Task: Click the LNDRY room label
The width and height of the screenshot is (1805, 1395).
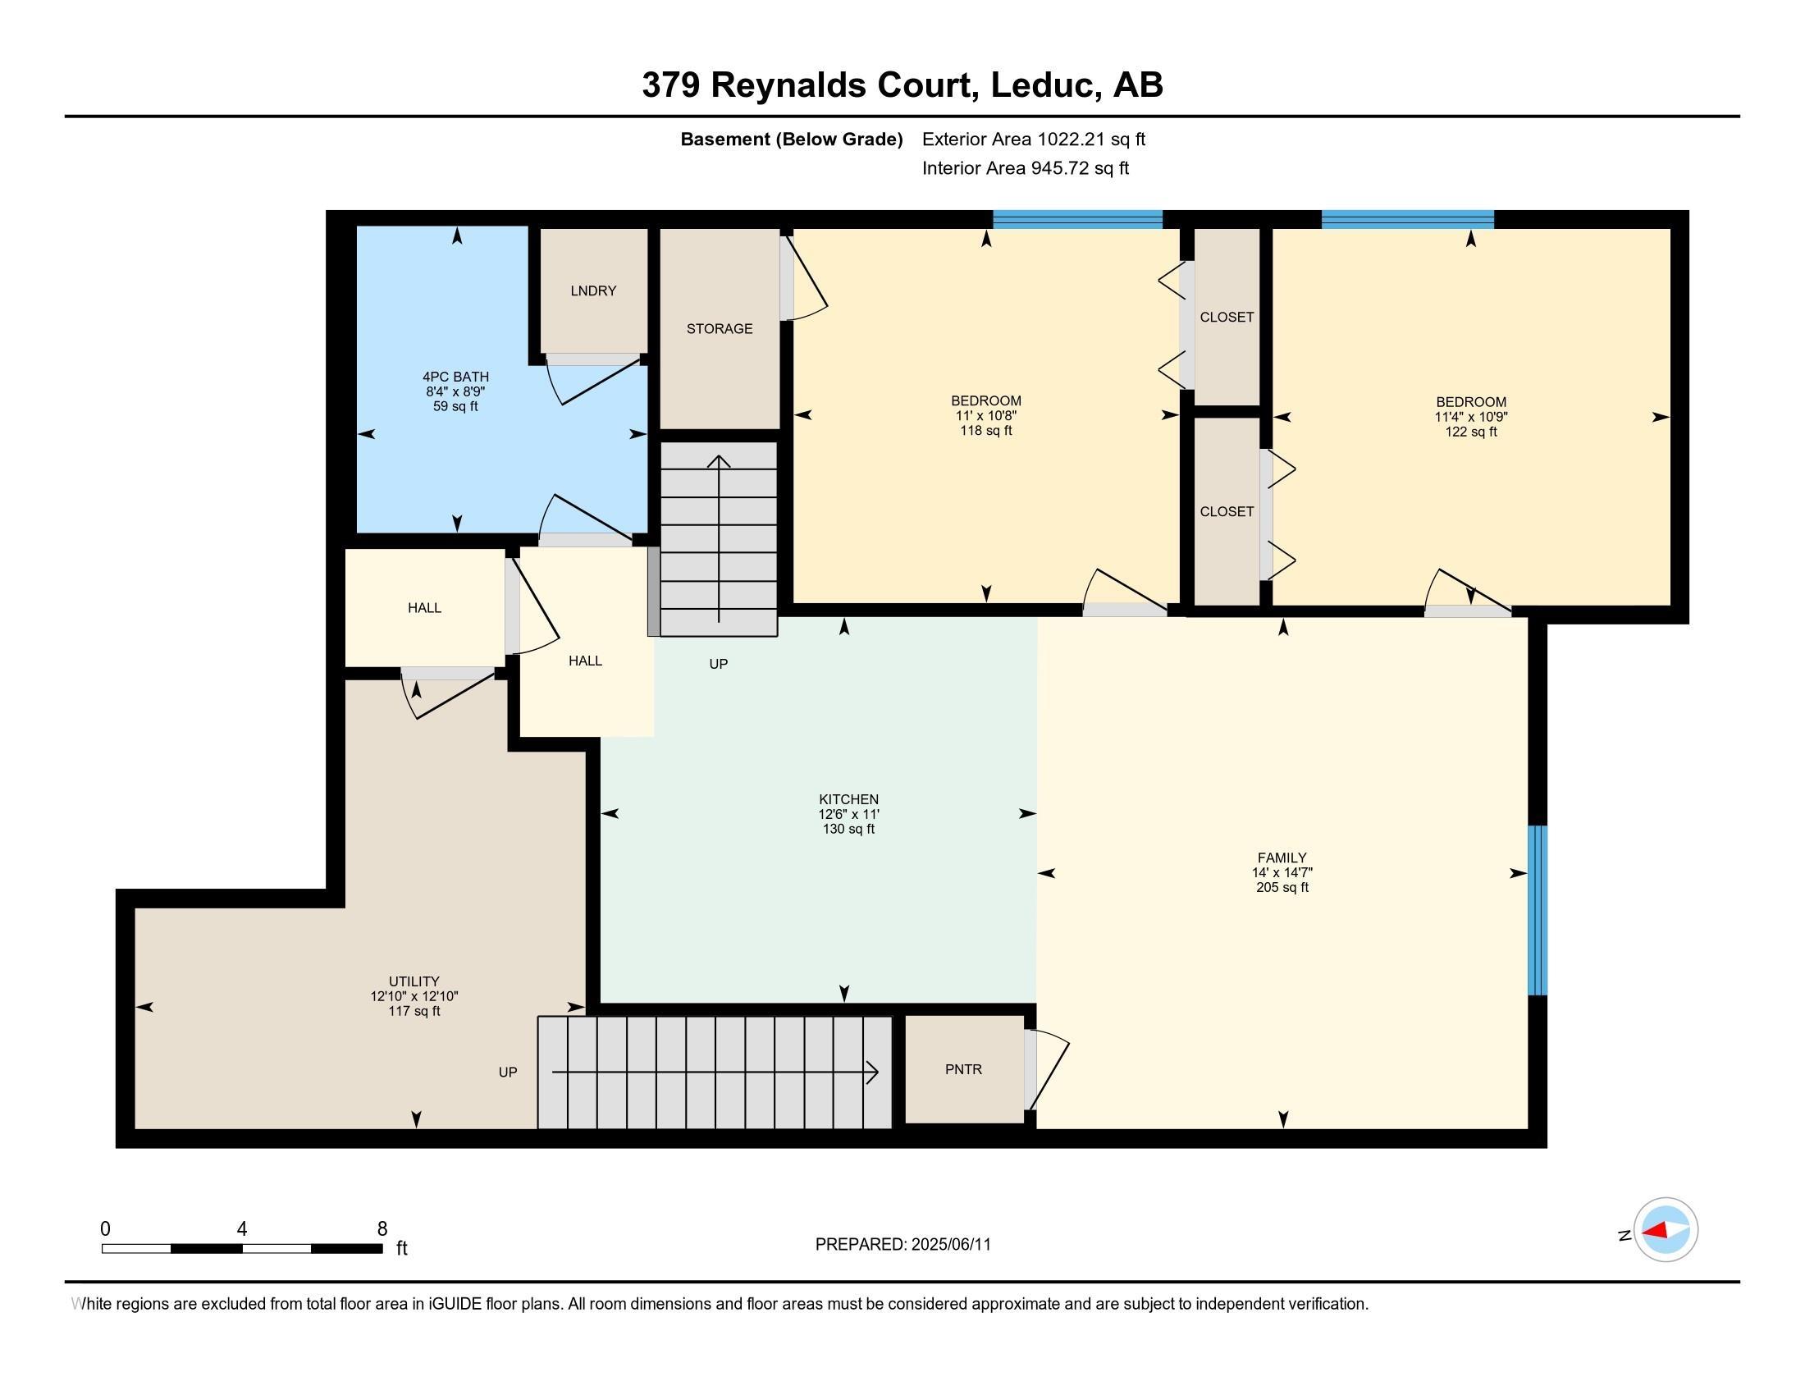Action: click(592, 291)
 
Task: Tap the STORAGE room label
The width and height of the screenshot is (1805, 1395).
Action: click(719, 329)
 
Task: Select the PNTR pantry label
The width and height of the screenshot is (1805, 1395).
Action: click(963, 1069)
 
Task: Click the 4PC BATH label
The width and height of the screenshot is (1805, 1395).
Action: click(455, 377)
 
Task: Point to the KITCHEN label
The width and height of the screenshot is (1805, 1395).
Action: click(848, 799)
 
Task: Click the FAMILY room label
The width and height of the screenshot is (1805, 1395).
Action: click(1282, 858)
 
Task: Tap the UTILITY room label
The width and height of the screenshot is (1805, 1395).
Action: click(414, 981)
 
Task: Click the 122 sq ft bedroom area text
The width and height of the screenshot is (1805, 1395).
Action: click(1470, 432)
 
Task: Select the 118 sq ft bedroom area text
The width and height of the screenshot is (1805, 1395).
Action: click(985, 431)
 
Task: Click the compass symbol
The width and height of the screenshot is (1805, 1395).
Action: click(1665, 1230)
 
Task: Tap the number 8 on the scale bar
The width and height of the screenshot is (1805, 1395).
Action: click(382, 1229)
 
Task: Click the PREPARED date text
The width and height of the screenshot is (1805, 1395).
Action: click(902, 1245)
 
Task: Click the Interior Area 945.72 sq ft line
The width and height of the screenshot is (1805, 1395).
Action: click(1025, 168)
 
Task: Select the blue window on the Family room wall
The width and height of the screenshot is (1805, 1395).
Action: click(1537, 910)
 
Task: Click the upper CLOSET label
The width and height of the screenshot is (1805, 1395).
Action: click(1227, 318)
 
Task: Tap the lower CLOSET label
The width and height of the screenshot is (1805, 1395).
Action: click(1227, 511)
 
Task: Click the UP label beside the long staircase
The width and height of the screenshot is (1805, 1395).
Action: click(507, 1072)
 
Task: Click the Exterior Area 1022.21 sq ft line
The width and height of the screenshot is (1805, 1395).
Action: click(1033, 139)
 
